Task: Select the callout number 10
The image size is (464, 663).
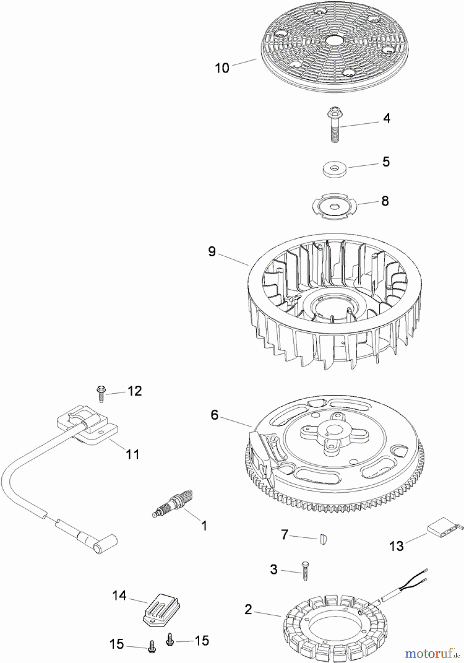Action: [222, 68]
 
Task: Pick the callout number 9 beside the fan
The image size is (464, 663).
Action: [212, 252]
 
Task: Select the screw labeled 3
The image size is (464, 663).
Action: [305, 571]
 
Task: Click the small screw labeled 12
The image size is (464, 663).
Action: [101, 394]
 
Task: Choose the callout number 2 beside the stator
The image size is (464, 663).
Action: [248, 610]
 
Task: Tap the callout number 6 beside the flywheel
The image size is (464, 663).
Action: [214, 415]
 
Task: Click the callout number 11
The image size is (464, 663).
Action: [133, 454]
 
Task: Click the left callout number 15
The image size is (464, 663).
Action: [116, 644]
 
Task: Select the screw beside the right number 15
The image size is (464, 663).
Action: [170, 639]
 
